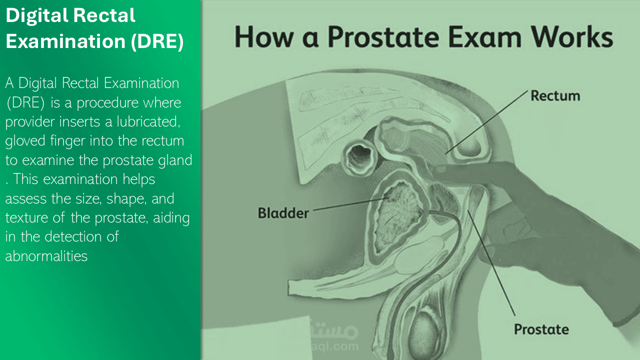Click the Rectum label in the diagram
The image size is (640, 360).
[x=555, y=96]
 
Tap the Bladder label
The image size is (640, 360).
[x=283, y=213]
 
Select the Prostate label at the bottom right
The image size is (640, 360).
[x=541, y=329]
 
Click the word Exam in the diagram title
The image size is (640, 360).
[x=485, y=37]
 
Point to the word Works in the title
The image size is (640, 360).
[x=572, y=37]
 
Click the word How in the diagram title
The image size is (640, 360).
[x=264, y=37]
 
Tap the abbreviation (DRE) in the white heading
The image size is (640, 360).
[x=157, y=41]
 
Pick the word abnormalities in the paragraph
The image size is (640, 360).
[x=46, y=256]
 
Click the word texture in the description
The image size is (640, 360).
[x=26, y=218]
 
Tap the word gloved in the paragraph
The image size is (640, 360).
[x=25, y=141]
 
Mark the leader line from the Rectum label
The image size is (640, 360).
[x=486, y=122]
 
